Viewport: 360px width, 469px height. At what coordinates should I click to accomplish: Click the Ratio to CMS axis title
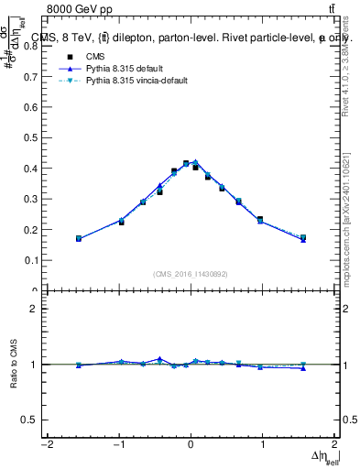point(14,364)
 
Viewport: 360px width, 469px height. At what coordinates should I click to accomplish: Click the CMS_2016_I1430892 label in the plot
point(190,273)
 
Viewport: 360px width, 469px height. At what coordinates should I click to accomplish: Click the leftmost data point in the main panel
point(79,238)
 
